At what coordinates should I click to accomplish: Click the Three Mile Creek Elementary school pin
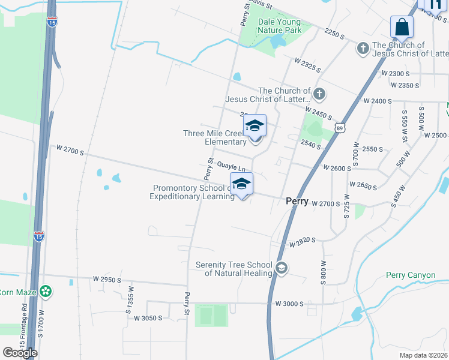pos(255,127)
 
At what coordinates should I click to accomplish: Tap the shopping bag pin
pos(402,28)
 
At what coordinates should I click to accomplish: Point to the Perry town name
pos(297,202)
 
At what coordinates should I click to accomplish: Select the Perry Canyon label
pos(410,275)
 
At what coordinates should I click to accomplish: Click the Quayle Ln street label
pos(231,167)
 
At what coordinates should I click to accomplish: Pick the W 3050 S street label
pos(148,318)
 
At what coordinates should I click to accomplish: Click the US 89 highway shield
pos(340,128)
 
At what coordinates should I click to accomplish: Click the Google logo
pos(20,353)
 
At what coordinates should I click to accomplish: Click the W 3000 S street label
pos(289,304)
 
